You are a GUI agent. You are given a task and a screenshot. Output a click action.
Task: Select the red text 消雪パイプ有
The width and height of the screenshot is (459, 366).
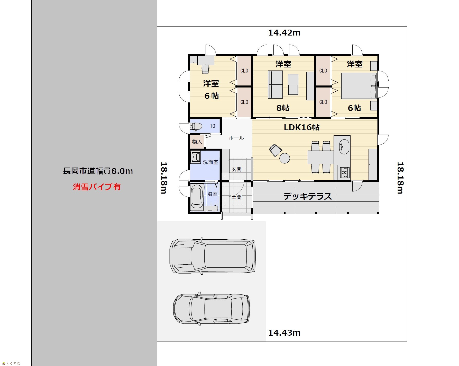pos(97,187)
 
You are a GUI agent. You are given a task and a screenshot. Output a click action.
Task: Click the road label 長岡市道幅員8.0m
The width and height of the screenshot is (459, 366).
pos(98,171)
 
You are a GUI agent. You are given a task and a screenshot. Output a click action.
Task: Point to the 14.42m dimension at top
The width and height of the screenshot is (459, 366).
pos(284,33)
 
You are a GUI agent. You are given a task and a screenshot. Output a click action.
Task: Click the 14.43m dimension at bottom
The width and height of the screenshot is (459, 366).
pos(284,333)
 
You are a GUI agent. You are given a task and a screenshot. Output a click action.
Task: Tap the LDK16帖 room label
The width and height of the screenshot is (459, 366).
pos(301,127)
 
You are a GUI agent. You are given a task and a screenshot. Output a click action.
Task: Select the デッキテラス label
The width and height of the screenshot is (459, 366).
pos(308,197)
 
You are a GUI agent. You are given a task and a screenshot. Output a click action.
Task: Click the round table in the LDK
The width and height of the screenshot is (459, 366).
pos(284,158)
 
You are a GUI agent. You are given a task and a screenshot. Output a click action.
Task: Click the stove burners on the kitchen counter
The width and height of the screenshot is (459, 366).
pos(344,172)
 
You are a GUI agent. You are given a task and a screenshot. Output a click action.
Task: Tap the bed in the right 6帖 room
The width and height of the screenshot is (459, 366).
pos(359,86)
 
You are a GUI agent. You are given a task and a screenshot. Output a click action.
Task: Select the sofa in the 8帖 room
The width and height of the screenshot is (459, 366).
pos(275,84)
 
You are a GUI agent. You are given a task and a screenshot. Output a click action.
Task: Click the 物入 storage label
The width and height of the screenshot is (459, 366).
pos(197,142)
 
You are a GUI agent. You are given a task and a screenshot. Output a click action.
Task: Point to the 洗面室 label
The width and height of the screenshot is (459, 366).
pos(210,162)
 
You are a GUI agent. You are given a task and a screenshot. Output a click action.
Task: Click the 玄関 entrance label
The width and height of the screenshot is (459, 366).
pos(236,169)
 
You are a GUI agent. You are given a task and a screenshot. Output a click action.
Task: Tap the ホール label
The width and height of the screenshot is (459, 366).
pos(236,138)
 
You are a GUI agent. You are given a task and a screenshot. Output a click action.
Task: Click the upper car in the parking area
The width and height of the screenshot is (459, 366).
pos(213,256)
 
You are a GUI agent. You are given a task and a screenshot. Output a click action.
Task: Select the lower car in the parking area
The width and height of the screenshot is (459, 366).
pos(212,309)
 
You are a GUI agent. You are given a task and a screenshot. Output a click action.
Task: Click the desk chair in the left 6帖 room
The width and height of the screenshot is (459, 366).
pos(205,69)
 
